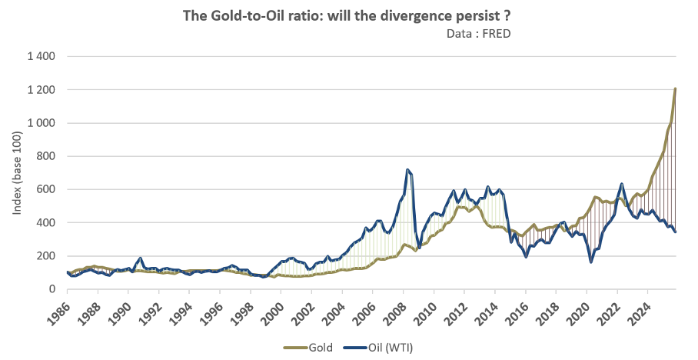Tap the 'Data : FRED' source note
pyautogui.click(x=478, y=34)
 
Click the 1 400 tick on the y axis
pyautogui.click(x=42, y=57)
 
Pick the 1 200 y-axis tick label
pyautogui.click(x=42, y=90)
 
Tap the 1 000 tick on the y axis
pyautogui.click(x=42, y=123)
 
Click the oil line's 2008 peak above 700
pyautogui.click(x=408, y=170)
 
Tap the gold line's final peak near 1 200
pyautogui.click(x=675, y=88)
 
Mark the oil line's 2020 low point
pyautogui.click(x=591, y=262)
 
